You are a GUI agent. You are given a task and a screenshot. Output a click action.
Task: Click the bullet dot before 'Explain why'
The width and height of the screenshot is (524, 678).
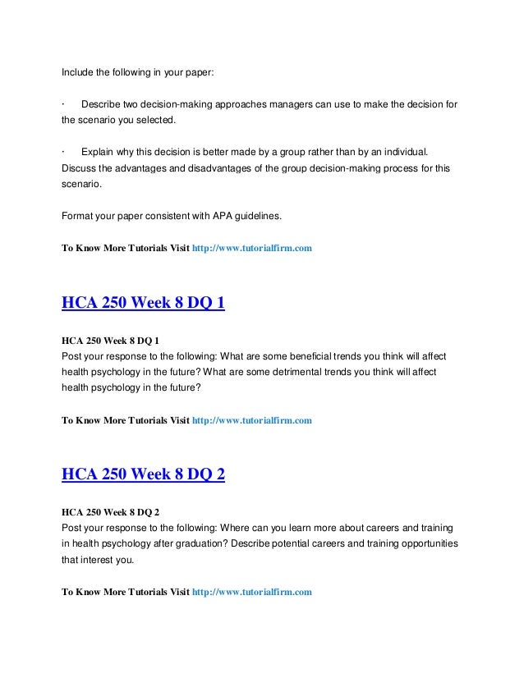coord(63,153)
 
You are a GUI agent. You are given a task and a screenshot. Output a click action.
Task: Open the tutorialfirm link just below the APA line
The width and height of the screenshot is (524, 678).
coord(251,247)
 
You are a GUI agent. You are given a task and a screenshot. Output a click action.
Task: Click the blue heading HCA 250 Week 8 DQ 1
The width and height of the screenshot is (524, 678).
coord(143,305)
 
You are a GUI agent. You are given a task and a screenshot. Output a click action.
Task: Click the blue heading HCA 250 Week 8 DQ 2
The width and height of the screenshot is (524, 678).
coord(143,477)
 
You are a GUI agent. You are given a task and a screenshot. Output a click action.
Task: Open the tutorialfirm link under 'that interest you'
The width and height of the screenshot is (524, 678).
coord(251,590)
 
